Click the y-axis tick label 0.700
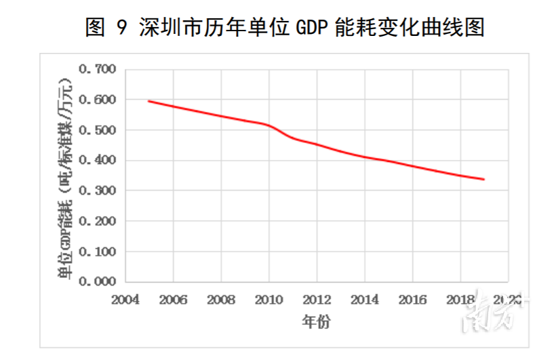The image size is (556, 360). [98, 69]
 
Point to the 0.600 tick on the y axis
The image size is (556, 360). [98, 100]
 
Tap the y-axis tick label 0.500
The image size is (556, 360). [98, 130]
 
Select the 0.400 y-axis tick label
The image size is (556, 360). [98, 161]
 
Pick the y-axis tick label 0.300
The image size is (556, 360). [98, 191]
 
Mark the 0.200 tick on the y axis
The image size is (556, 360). [98, 221]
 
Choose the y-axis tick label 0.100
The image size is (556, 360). [98, 252]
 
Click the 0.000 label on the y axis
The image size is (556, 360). [98, 281]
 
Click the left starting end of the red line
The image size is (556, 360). [149, 101]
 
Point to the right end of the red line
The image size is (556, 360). [484, 180]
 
